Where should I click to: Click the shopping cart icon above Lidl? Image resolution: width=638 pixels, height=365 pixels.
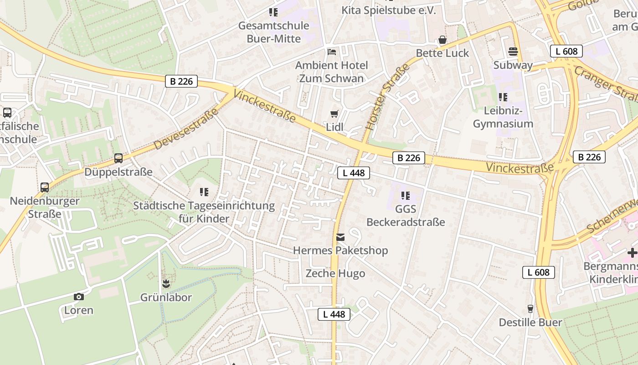pyautogui.click(x=334, y=114)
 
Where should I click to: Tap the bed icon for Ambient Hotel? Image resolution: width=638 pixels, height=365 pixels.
pyautogui.click(x=331, y=52)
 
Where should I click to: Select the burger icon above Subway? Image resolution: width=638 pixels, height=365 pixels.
pyautogui.click(x=513, y=52)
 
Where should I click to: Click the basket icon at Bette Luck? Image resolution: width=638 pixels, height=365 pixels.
pyautogui.click(x=442, y=40)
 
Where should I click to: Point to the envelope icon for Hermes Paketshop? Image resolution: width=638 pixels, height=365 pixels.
pyautogui.click(x=340, y=237)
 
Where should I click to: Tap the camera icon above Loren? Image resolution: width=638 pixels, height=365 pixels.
pyautogui.click(x=78, y=297)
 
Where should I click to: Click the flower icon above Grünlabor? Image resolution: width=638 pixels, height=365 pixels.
pyautogui.click(x=166, y=284)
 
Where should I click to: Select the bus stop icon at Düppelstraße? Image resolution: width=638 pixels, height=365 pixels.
pyautogui.click(x=118, y=158)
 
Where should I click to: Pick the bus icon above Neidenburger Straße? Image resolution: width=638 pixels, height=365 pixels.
pyautogui.click(x=45, y=187)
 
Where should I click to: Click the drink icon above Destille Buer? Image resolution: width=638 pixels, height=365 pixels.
pyautogui.click(x=530, y=309)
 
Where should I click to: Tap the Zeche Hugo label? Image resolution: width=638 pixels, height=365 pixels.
pyautogui.click(x=335, y=274)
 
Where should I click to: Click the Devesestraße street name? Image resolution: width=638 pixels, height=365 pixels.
pyautogui.click(x=184, y=126)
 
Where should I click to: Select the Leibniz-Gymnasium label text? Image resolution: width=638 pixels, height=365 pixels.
pyautogui.click(x=503, y=117)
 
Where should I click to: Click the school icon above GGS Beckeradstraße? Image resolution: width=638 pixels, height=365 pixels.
pyautogui.click(x=405, y=196)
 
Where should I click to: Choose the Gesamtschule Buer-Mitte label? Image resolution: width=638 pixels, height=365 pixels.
pyautogui.click(x=273, y=32)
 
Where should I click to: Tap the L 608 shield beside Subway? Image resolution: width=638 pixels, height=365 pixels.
pyautogui.click(x=566, y=51)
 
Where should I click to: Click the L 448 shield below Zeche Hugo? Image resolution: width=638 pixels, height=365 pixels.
pyautogui.click(x=334, y=314)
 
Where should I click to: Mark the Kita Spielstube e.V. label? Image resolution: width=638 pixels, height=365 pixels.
pyautogui.click(x=389, y=10)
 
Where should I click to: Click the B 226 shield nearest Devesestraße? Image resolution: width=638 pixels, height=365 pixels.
pyautogui.click(x=181, y=82)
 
